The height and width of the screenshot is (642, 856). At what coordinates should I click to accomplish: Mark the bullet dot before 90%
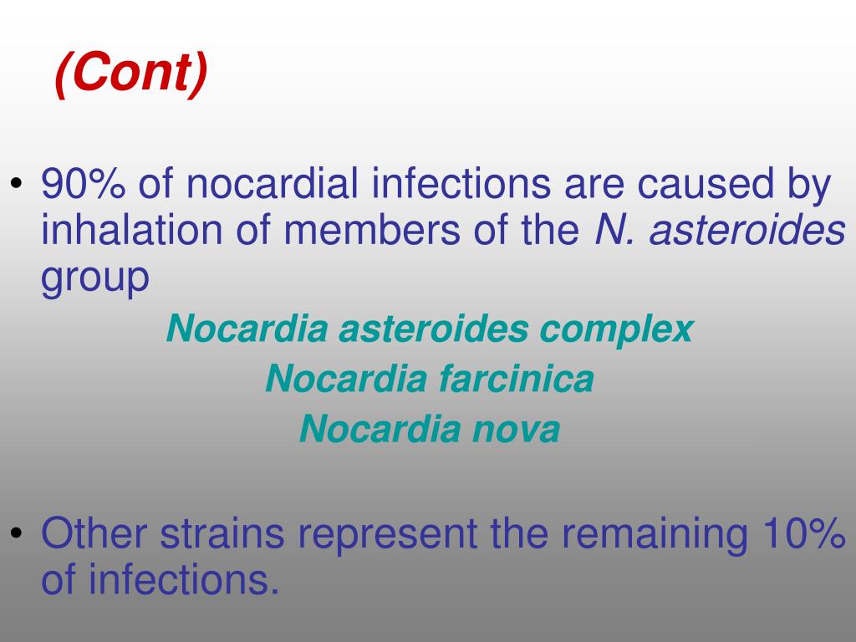pos(18,185)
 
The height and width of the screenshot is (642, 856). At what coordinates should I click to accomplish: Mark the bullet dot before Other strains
pos(18,534)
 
